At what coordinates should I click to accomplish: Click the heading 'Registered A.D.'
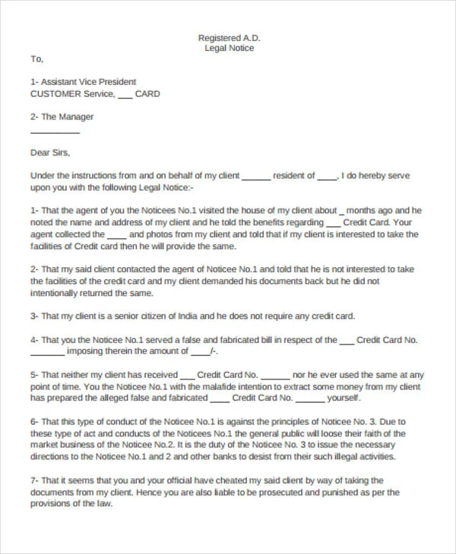228,37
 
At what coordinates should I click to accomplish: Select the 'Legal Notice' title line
229,48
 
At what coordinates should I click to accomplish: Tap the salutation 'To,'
37,58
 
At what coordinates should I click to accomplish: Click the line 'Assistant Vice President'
88,82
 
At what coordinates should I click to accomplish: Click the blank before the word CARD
125,96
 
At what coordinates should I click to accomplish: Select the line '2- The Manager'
62,117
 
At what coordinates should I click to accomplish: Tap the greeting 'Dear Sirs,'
50,153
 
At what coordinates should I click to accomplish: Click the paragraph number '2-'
35,269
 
